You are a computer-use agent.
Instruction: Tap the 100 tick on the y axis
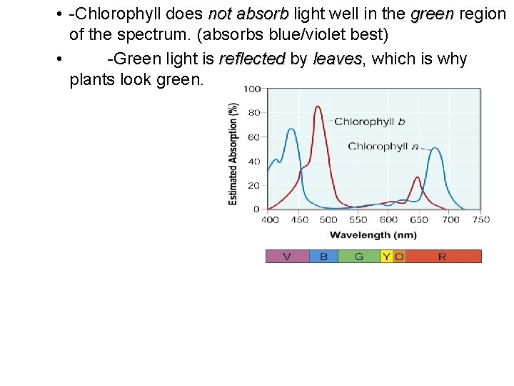pos(251,89)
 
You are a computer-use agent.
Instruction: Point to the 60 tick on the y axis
pos(253,137)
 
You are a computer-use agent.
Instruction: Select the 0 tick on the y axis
pos(256,209)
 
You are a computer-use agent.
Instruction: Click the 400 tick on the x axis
pos(270,219)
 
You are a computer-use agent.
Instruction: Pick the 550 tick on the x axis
pos(358,219)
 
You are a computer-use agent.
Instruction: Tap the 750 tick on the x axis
pos(480,219)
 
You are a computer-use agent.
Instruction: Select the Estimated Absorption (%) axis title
pos(233,154)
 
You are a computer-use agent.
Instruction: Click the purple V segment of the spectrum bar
pos(287,256)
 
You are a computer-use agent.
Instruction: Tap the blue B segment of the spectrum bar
pos(323,256)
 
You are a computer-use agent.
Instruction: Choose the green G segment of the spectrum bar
pos(359,256)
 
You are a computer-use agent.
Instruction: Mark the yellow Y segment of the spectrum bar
pos(386,256)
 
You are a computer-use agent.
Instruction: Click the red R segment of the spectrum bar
pos(443,256)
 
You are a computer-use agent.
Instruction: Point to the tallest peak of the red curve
pos(318,107)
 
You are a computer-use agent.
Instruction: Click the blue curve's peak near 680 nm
pos(435,148)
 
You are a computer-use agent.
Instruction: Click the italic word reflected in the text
pos(251,59)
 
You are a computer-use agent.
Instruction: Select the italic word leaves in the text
pos(338,59)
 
